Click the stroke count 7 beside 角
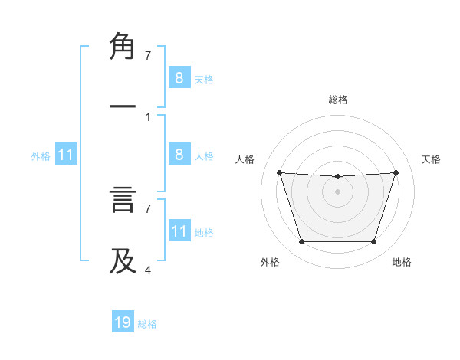click(148, 56)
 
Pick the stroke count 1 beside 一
click(148, 116)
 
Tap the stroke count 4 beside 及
click(148, 270)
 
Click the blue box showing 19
click(123, 322)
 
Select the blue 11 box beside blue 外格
click(66, 155)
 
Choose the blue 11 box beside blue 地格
click(179, 231)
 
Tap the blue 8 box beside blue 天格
click(179, 77)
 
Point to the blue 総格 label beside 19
click(147, 324)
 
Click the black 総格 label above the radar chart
click(337, 100)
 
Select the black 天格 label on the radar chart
click(432, 159)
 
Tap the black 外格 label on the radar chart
click(270, 262)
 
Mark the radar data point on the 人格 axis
click(280, 173)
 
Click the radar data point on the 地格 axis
click(373, 242)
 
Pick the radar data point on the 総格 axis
click(337, 177)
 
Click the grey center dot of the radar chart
click(337, 191)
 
